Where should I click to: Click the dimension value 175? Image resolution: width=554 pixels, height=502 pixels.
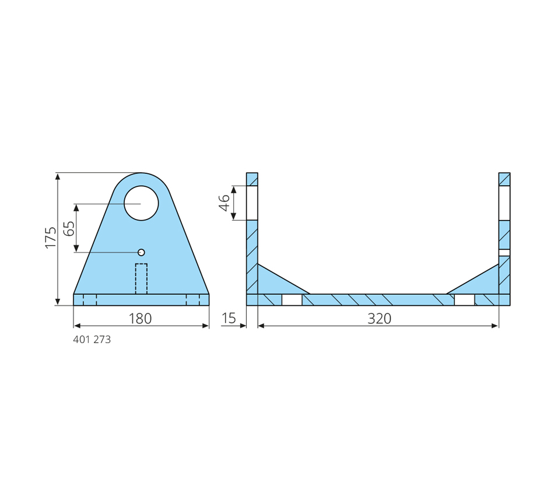click(51, 238)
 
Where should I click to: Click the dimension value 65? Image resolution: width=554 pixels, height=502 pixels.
click(69, 229)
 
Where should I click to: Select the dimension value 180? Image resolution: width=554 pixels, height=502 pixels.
click(140, 319)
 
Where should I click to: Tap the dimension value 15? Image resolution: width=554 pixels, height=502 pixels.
click(229, 318)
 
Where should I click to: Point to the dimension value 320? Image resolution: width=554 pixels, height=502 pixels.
click(380, 319)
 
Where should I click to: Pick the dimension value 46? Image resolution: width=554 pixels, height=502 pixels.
click(225, 203)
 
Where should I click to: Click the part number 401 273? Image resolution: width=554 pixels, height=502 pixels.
click(92, 340)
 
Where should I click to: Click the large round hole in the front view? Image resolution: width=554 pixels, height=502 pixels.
click(141, 203)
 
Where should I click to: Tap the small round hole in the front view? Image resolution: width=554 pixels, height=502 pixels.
click(141, 252)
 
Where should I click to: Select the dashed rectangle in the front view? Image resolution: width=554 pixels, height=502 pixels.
click(141, 279)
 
